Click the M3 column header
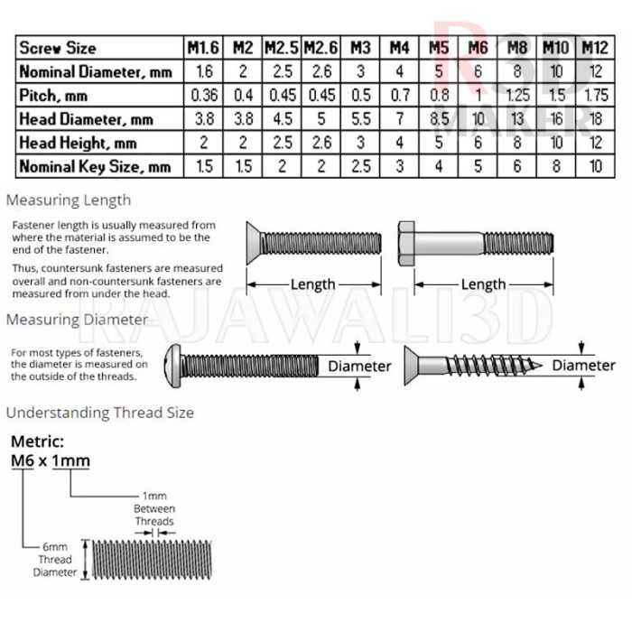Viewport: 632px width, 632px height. coord(360,48)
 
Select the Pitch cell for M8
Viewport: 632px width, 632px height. coord(517,95)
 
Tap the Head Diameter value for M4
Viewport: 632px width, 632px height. coord(398,118)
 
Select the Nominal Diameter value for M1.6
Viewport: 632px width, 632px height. coord(203,71)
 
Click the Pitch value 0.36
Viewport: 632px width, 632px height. coord(203,95)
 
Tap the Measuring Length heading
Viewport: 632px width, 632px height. coord(69,200)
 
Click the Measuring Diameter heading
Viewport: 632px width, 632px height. coord(77,320)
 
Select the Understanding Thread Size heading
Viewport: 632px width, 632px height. coord(100,413)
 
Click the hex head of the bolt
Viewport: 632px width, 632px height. coord(405,243)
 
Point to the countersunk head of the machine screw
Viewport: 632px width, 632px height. coord(256,243)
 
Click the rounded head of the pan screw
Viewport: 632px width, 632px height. coord(174,365)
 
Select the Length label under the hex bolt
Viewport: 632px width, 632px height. coord(483,284)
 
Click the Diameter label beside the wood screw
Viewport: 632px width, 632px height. coord(583,365)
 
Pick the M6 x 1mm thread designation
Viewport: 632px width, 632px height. coord(50,460)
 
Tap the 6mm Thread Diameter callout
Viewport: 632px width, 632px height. coord(55,560)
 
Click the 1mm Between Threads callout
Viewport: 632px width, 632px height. coord(154,509)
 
